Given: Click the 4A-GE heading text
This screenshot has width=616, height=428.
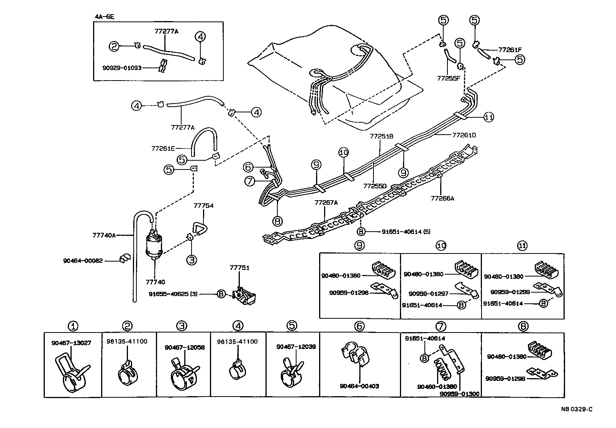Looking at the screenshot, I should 105,16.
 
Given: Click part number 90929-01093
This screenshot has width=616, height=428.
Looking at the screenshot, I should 122,68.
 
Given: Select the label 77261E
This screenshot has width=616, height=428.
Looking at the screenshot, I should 164,148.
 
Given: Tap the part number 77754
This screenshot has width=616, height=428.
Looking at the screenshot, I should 203,206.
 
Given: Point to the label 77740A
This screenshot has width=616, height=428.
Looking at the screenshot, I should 104,235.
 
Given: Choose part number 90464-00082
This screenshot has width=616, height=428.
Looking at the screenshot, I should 83,260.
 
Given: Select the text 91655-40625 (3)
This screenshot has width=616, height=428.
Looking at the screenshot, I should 173,294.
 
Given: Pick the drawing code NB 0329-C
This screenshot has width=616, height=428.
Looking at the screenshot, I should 577,409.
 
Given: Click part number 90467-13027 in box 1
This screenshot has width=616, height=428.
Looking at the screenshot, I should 71,343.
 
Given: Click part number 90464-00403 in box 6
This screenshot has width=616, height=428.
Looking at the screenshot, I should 359,386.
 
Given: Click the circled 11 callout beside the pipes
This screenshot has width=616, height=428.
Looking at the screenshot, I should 488,117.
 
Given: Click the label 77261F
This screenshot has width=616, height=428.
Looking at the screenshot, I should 510,49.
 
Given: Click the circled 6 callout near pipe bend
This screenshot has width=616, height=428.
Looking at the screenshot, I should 249,167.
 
